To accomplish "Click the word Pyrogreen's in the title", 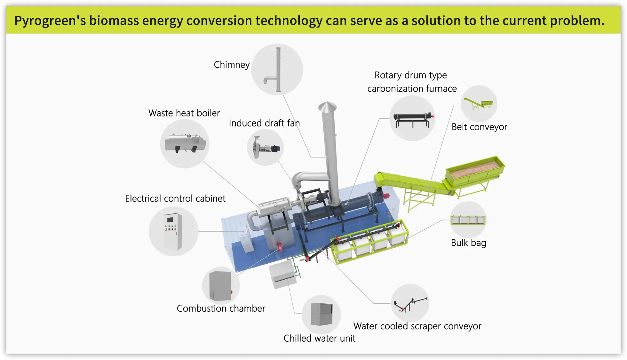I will [50, 21].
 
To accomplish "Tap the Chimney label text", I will [232, 65].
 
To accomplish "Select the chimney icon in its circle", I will [277, 69].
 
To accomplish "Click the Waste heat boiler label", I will [184, 113].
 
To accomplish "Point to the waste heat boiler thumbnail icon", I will [185, 144].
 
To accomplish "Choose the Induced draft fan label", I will [264, 123].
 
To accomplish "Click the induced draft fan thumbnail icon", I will [265, 148].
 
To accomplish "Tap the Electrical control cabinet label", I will [175, 198].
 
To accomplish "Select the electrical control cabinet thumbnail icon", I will [173, 231].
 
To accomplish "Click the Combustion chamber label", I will [221, 308].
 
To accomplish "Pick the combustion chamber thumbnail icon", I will [221, 286].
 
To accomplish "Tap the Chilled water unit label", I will [319, 338].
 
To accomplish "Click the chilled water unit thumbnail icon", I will [321, 314].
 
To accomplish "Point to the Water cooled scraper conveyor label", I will [417, 326].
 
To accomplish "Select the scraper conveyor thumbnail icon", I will [410, 303].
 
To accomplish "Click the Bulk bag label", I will [468, 243].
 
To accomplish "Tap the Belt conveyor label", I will [479, 127].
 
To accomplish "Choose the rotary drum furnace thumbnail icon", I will [412, 118].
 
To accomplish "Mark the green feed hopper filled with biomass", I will [475, 170].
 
